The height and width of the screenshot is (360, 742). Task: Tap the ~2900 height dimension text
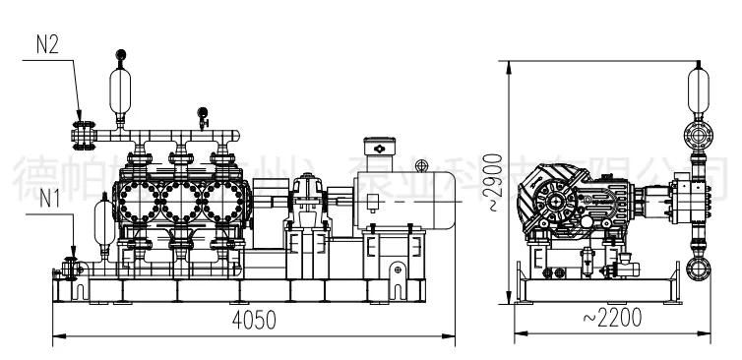[x=497, y=183]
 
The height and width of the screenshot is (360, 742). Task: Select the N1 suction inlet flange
[x=70, y=267]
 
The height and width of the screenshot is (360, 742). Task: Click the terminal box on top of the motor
[x=379, y=148]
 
